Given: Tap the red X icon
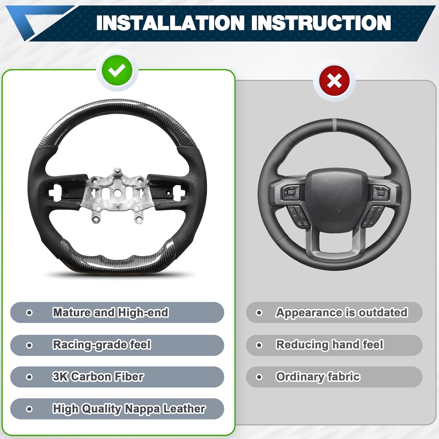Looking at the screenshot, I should pos(334,81).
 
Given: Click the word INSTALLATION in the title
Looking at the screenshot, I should pos(170,23).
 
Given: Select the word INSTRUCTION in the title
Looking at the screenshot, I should pos(321,23).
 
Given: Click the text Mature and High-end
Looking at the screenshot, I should pos(111,313).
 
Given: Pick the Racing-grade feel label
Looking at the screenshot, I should pos(102,345).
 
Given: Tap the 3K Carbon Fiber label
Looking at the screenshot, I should pos(98,377).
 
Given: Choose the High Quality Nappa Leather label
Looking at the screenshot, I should pos(129,409).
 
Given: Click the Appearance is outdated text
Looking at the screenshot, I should pos(342,313).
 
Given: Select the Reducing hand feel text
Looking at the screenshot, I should pos(330,345).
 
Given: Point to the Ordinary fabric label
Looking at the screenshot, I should pos(318,377).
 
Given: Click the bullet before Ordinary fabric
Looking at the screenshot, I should pos(259,377).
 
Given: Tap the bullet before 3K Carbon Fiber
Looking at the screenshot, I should pos(29,377).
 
